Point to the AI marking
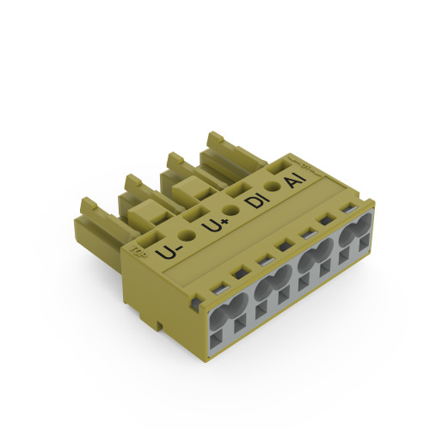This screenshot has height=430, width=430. [x=292, y=180]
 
